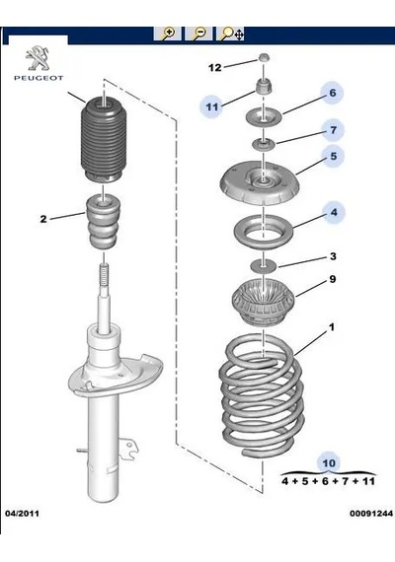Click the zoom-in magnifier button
click(167, 34)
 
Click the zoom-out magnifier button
click(198, 34)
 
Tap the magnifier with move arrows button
click(230, 34)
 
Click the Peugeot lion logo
click(38, 57)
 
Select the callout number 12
click(215, 67)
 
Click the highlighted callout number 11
click(212, 106)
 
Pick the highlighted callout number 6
click(333, 93)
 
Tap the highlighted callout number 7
click(333, 129)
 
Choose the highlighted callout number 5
click(334, 156)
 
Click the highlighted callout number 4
click(334, 212)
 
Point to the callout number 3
click(333, 256)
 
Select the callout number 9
click(333, 279)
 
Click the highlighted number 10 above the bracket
click(329, 463)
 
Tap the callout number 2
click(43, 218)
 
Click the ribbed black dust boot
click(103, 139)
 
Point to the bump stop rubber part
click(103, 222)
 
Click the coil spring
click(262, 395)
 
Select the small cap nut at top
click(265, 57)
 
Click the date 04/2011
click(22, 514)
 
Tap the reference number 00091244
click(371, 514)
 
